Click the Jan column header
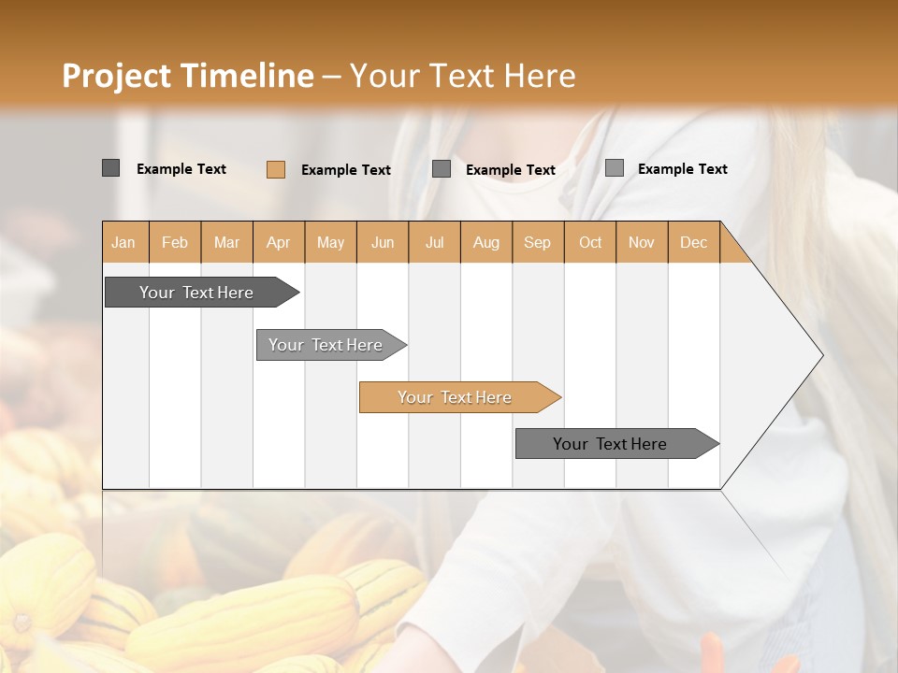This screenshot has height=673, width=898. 123,242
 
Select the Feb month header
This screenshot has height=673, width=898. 175,242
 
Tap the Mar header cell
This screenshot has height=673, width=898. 226,242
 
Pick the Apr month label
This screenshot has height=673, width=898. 278,242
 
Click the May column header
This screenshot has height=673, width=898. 330,242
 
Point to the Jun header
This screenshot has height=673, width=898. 383,242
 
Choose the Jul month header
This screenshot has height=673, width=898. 434,242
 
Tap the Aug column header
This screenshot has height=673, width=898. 485,242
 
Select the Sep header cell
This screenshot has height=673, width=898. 537,242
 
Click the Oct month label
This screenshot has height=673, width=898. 590,242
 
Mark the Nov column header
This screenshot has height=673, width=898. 642,242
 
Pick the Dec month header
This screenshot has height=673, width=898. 693,242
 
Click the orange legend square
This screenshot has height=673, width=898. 276,169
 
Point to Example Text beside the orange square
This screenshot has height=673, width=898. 345,170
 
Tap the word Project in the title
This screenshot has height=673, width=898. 116,76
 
